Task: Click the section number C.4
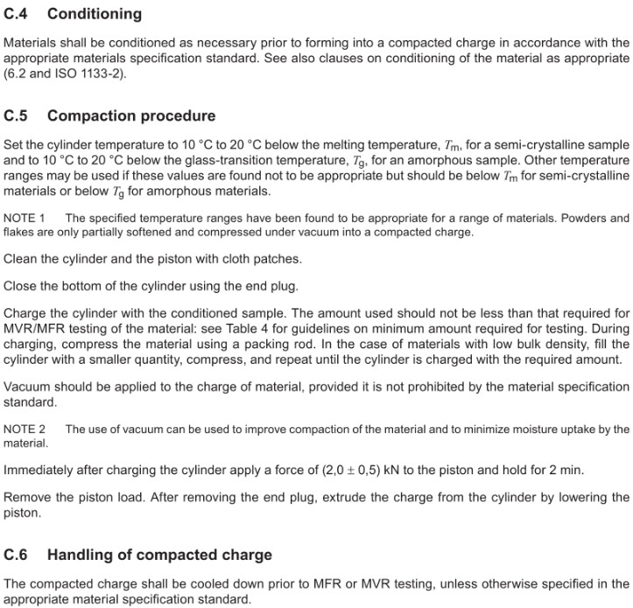[18, 14]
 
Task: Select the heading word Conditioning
[94, 14]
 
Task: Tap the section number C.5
[18, 115]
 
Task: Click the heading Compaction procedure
[131, 115]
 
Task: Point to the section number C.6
[18, 555]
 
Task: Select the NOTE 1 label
[25, 218]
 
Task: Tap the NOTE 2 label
[25, 429]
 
